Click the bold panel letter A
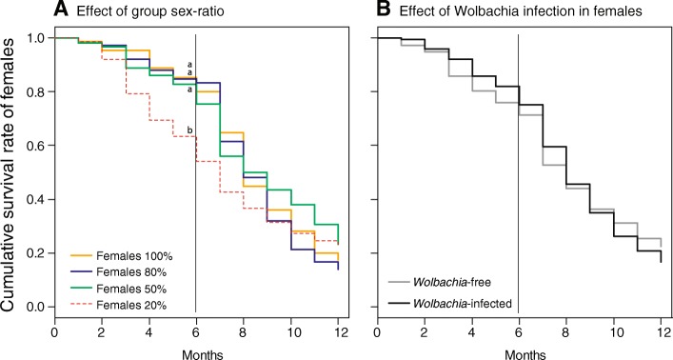tap(60, 10)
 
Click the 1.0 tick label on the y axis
tap(35, 38)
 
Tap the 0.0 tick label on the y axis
tap(35, 307)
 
